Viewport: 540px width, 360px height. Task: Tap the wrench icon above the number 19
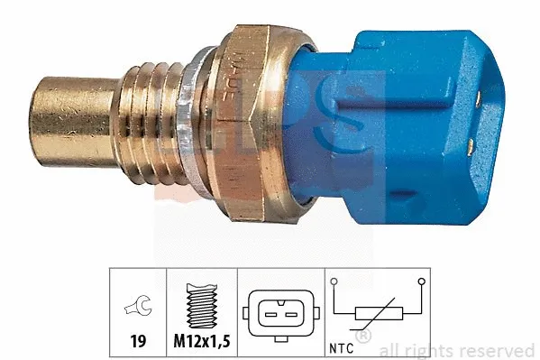tap(138, 306)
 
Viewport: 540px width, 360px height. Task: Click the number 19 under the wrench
tap(138, 344)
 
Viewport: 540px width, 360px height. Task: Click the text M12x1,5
tap(202, 344)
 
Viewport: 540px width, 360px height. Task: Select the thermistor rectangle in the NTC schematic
tap(378, 314)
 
